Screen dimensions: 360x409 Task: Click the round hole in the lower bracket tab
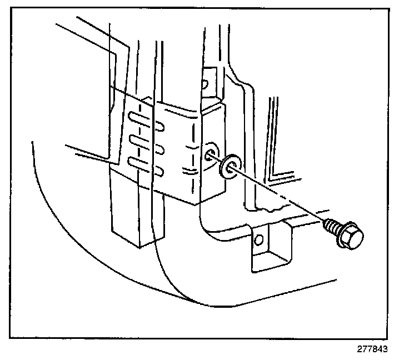[257, 239]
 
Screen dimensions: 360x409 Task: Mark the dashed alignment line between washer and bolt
[278, 194]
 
